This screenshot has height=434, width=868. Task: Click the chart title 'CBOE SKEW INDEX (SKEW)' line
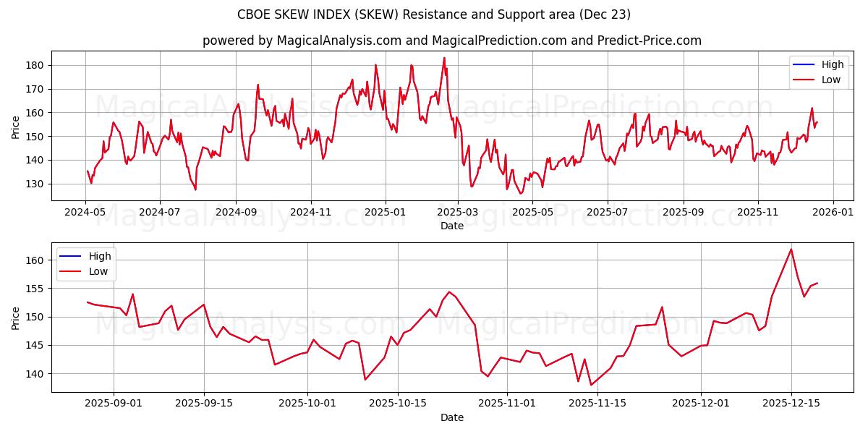click(434, 14)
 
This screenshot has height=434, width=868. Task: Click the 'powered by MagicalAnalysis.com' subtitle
click(451, 41)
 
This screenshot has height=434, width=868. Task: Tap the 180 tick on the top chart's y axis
click(35, 65)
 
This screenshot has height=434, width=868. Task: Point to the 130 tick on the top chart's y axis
click(35, 184)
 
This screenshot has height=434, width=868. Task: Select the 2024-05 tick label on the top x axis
click(86, 213)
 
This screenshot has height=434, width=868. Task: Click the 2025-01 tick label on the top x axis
click(385, 213)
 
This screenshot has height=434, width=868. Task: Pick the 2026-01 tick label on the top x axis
click(833, 213)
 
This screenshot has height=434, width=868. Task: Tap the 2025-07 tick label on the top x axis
click(607, 213)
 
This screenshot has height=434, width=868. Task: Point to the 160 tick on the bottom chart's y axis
click(35, 260)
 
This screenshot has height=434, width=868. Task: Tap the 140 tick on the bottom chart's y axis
click(35, 374)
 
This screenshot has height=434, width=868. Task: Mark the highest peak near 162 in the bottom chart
click(791, 250)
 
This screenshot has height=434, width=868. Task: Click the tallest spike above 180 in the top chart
click(444, 58)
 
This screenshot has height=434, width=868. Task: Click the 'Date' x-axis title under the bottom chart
click(452, 417)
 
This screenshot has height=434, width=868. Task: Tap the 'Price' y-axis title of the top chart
click(16, 127)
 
